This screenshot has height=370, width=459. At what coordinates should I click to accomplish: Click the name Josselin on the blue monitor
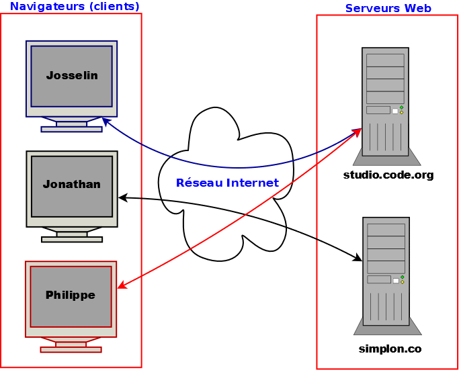pos(72,76)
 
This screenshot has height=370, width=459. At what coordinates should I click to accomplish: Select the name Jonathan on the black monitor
pos(72,184)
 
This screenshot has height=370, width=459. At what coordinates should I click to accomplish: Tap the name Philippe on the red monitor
pos(71,295)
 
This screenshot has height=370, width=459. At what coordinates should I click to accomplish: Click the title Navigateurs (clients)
pos(75,7)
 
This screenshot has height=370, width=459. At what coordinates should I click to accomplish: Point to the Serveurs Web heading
pos(388,9)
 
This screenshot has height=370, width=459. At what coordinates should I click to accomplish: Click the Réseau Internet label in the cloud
pos(227,183)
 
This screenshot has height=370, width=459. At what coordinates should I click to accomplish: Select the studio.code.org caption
pos(388,175)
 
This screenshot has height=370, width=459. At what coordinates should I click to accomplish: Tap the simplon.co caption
pos(390,349)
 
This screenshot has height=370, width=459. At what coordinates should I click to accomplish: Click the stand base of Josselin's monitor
pos(71,129)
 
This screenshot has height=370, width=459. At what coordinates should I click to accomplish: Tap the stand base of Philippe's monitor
pos(71,349)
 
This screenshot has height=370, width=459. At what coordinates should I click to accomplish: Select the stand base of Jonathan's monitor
pos(72,239)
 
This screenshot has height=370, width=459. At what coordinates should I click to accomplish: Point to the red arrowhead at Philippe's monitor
pos(122,286)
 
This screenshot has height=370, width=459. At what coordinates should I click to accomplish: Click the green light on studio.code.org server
pos(402,107)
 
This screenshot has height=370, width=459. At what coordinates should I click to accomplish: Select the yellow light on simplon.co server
pos(403,281)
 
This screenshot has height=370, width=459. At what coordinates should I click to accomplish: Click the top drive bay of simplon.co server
pos(386,230)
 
